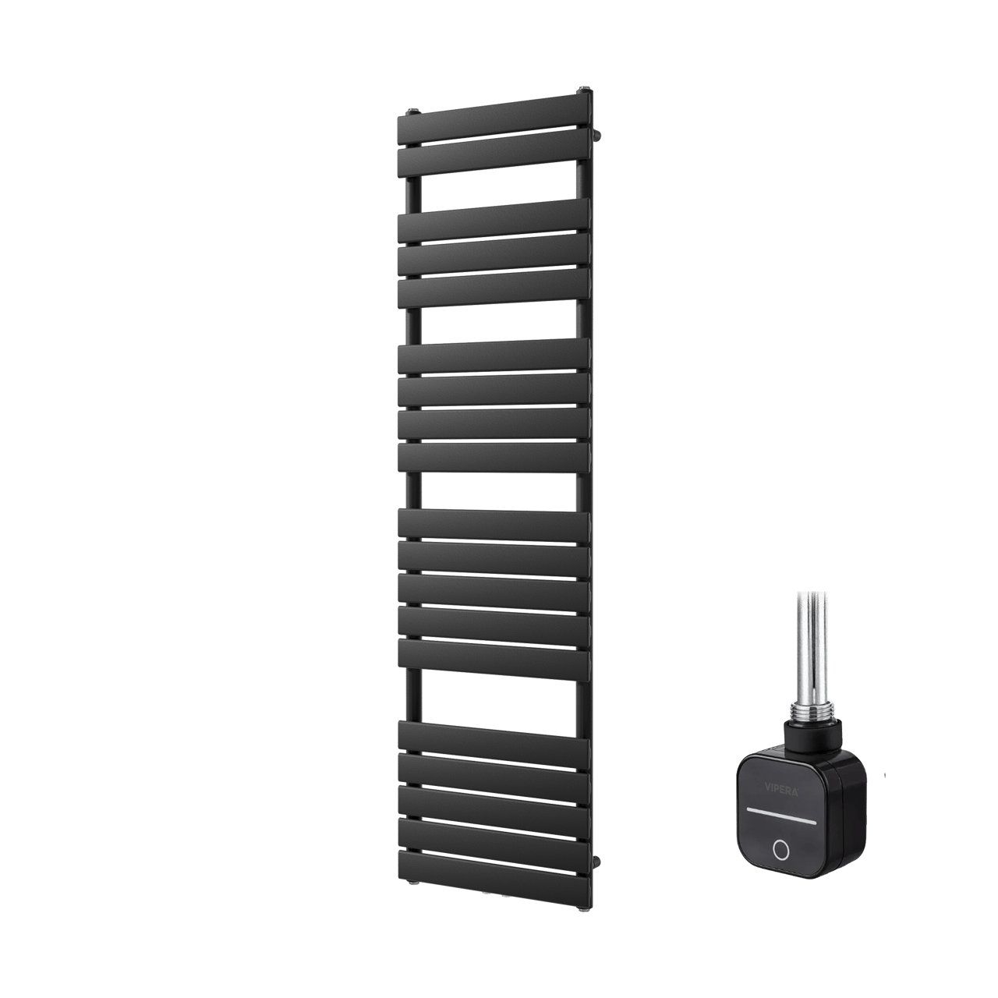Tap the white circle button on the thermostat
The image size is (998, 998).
[x=780, y=848]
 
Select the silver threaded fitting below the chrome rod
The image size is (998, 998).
[x=811, y=712]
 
